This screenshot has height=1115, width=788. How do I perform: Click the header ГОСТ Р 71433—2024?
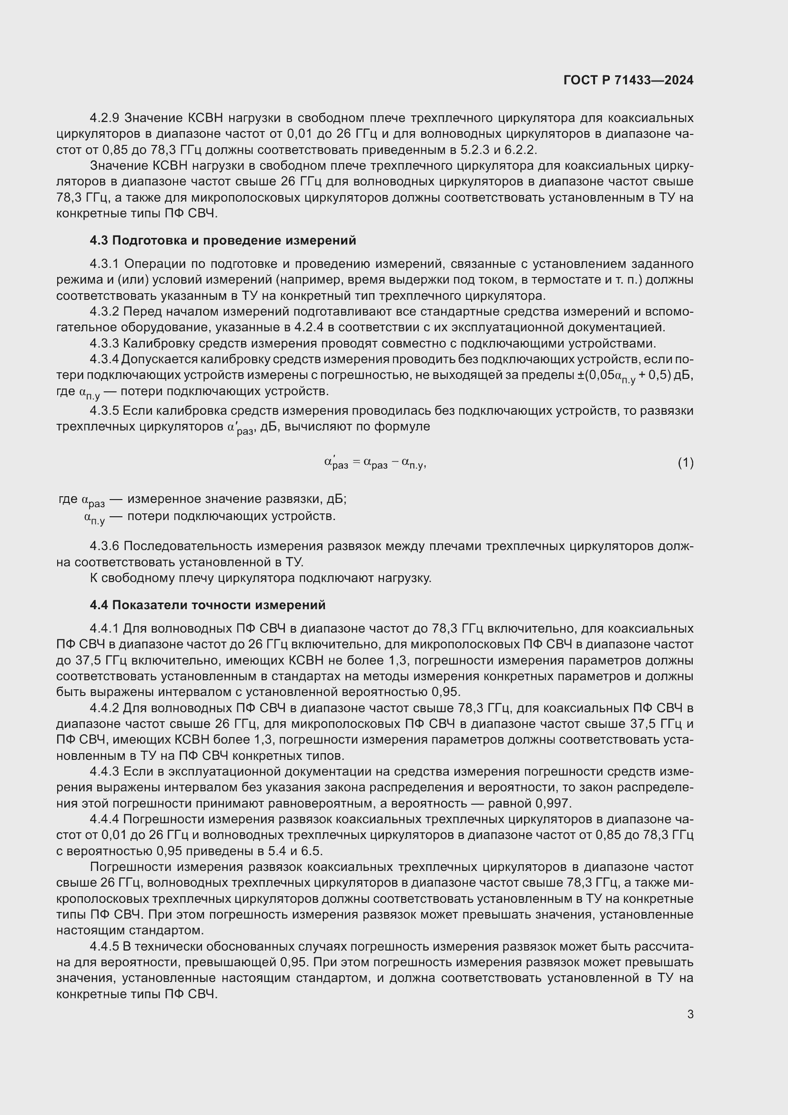click(x=628, y=80)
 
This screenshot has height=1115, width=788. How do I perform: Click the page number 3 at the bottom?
click(x=690, y=1014)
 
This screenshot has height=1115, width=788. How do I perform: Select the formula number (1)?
click(x=685, y=463)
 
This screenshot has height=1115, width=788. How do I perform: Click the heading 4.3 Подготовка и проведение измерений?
click(x=222, y=240)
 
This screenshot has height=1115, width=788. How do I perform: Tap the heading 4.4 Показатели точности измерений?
click(x=208, y=605)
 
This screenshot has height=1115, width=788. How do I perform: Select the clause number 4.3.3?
click(x=104, y=343)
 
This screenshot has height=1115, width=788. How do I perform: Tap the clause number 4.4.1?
click(x=104, y=628)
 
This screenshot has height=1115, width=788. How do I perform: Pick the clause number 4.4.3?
click(x=104, y=772)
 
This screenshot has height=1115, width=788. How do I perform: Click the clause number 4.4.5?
click(x=104, y=947)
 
